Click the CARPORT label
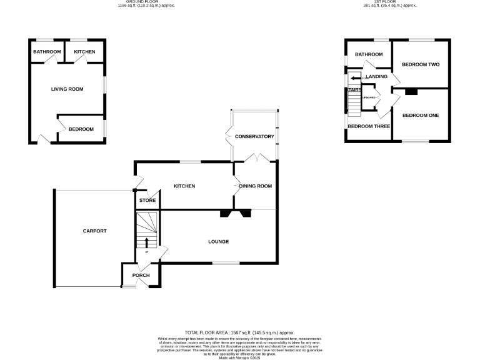pyautogui.click(x=95, y=231)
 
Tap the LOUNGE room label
pyautogui.click(x=218, y=242)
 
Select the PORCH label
pyautogui.click(x=141, y=276)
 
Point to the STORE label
pyautogui.click(x=147, y=201)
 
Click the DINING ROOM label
pyautogui.click(x=256, y=186)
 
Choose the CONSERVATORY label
pyautogui.click(x=254, y=136)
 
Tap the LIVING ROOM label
pyautogui.click(x=67, y=89)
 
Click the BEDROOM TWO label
pyautogui.click(x=421, y=65)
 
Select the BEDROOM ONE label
pyautogui.click(x=421, y=116)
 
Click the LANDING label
pyautogui.click(x=377, y=77)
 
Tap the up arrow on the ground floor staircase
pyautogui.click(x=147, y=242)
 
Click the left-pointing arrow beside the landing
pyautogui.click(x=356, y=78)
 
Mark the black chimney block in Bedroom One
pyautogui.click(x=410, y=92)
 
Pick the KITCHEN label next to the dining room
pyautogui.click(x=184, y=186)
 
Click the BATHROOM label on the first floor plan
pyautogui.click(x=369, y=54)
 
